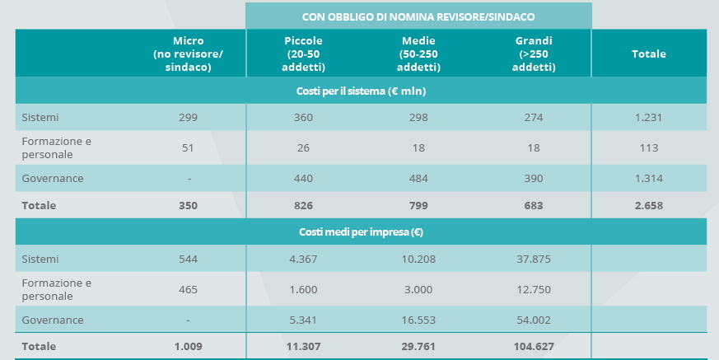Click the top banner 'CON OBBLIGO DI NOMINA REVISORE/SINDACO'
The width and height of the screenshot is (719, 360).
pos(418,16)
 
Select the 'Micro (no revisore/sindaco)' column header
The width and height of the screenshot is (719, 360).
pos(188,54)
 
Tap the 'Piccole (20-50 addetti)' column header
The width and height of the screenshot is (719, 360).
pos(303,54)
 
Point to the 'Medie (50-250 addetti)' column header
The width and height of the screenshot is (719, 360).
pos(418,54)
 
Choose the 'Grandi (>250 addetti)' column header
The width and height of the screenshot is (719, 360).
pos(534,54)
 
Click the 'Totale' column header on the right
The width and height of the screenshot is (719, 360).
pos(649,54)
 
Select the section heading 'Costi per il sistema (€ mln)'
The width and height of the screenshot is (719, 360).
pos(361,91)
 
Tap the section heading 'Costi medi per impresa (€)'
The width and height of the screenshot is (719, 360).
pos(361,232)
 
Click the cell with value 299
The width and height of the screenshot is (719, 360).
pos(188,118)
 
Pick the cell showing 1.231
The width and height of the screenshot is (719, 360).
pos(648,118)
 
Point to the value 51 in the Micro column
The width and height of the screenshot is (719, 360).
pos(188,148)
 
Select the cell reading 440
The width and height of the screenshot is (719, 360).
pos(303,178)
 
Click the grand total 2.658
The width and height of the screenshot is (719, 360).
pos(648,205)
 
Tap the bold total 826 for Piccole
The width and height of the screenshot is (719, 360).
pos(303,205)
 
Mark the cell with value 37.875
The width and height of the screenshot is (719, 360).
pos(534,259)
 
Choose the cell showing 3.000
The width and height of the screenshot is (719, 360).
pos(418,289)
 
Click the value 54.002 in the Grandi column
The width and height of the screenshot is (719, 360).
pos(534,320)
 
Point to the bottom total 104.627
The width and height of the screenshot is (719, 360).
pos(534,347)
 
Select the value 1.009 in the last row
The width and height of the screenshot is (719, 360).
pos(188,347)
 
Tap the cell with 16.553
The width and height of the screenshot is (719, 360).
pos(418,320)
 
